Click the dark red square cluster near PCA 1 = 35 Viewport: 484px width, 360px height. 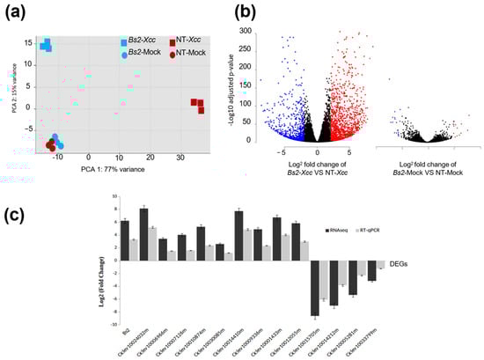pos(199,106)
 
